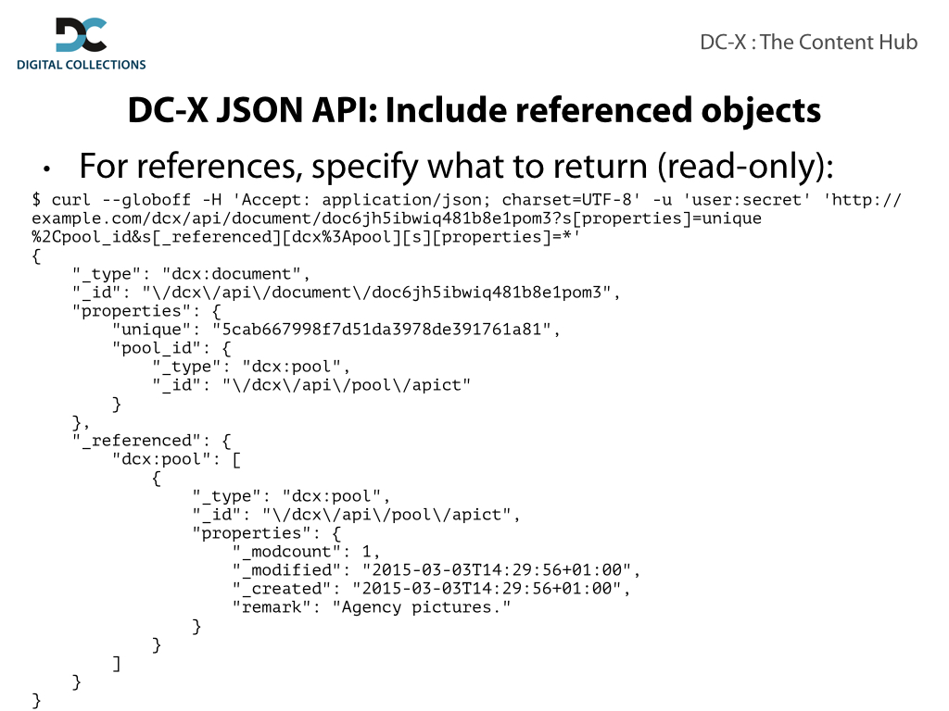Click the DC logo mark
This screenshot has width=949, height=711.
click(82, 35)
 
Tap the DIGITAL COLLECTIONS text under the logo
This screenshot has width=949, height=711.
click(82, 65)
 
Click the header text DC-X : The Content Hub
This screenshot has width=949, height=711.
click(808, 42)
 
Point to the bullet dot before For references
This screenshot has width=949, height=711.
click(46, 169)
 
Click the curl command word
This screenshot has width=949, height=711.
click(70, 200)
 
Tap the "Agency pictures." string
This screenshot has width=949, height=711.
click(422, 607)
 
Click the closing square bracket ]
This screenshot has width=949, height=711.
click(116, 663)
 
